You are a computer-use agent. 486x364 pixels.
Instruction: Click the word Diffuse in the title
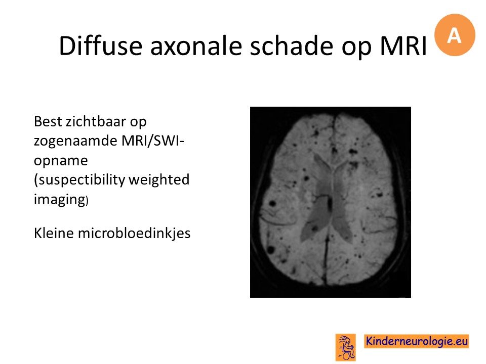pos(101,46)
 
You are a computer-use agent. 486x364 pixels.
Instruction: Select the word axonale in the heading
pos(196,47)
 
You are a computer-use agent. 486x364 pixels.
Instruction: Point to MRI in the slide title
pos(403,46)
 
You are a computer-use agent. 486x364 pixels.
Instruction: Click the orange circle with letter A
pos(455,35)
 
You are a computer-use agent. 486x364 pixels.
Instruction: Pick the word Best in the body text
pos(48,121)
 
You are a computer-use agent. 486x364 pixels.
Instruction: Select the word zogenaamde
pos(75,141)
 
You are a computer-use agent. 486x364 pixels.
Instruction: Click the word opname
pos(61,161)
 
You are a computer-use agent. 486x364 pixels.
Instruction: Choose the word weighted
pos(159,180)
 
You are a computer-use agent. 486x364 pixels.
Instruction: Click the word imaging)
pos(61,199)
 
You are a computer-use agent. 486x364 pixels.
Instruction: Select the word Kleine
pos(54,233)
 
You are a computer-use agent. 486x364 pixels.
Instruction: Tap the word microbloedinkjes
pos(134,233)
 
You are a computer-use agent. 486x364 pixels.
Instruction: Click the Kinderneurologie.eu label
pos(417,341)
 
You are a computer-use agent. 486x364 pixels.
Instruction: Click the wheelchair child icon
pos(346,347)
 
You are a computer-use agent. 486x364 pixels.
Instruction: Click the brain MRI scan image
pos(331,202)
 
